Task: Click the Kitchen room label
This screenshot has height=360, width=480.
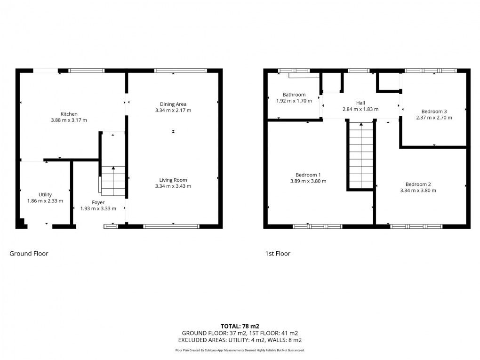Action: coord(69,114)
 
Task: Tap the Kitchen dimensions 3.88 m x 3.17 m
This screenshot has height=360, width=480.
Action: coord(69,120)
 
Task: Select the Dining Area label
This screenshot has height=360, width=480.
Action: coord(173,104)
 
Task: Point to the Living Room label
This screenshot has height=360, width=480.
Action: coord(173,180)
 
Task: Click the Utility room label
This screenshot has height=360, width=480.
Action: coord(45,194)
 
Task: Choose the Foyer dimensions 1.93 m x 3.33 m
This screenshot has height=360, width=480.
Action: coord(98,209)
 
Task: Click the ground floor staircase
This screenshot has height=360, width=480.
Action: coord(113,181)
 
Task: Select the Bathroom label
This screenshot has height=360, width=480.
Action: coord(294,95)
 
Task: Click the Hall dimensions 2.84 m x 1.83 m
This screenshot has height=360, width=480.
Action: coord(360,109)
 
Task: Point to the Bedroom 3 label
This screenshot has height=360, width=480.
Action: coord(434,111)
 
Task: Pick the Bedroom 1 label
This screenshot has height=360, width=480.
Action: coord(308,174)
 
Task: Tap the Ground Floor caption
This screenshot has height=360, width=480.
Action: coord(29,254)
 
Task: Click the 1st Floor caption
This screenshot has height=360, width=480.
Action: coord(277,254)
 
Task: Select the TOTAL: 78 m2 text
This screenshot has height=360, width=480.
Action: coord(240,326)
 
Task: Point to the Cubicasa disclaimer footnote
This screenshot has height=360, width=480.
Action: coord(240,350)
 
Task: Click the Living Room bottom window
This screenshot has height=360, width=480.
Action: coord(172,226)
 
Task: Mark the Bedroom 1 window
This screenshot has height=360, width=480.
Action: coord(318,226)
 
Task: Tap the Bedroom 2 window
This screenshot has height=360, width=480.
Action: coord(416,226)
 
